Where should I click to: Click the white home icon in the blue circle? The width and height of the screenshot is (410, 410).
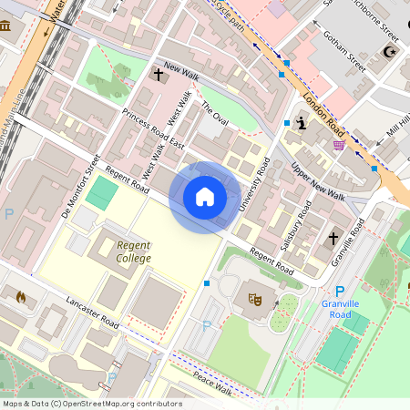click(205, 197)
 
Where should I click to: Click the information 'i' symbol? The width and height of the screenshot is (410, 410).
click(301, 123)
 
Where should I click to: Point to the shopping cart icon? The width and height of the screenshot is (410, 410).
click(339, 144)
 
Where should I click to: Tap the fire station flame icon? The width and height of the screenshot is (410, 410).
click(21, 296)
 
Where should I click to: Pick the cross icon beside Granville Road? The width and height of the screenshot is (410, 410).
click(333, 240)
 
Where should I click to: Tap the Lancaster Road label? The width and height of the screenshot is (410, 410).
click(93, 313)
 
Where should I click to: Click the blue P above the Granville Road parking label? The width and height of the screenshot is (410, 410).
click(327, 292)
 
